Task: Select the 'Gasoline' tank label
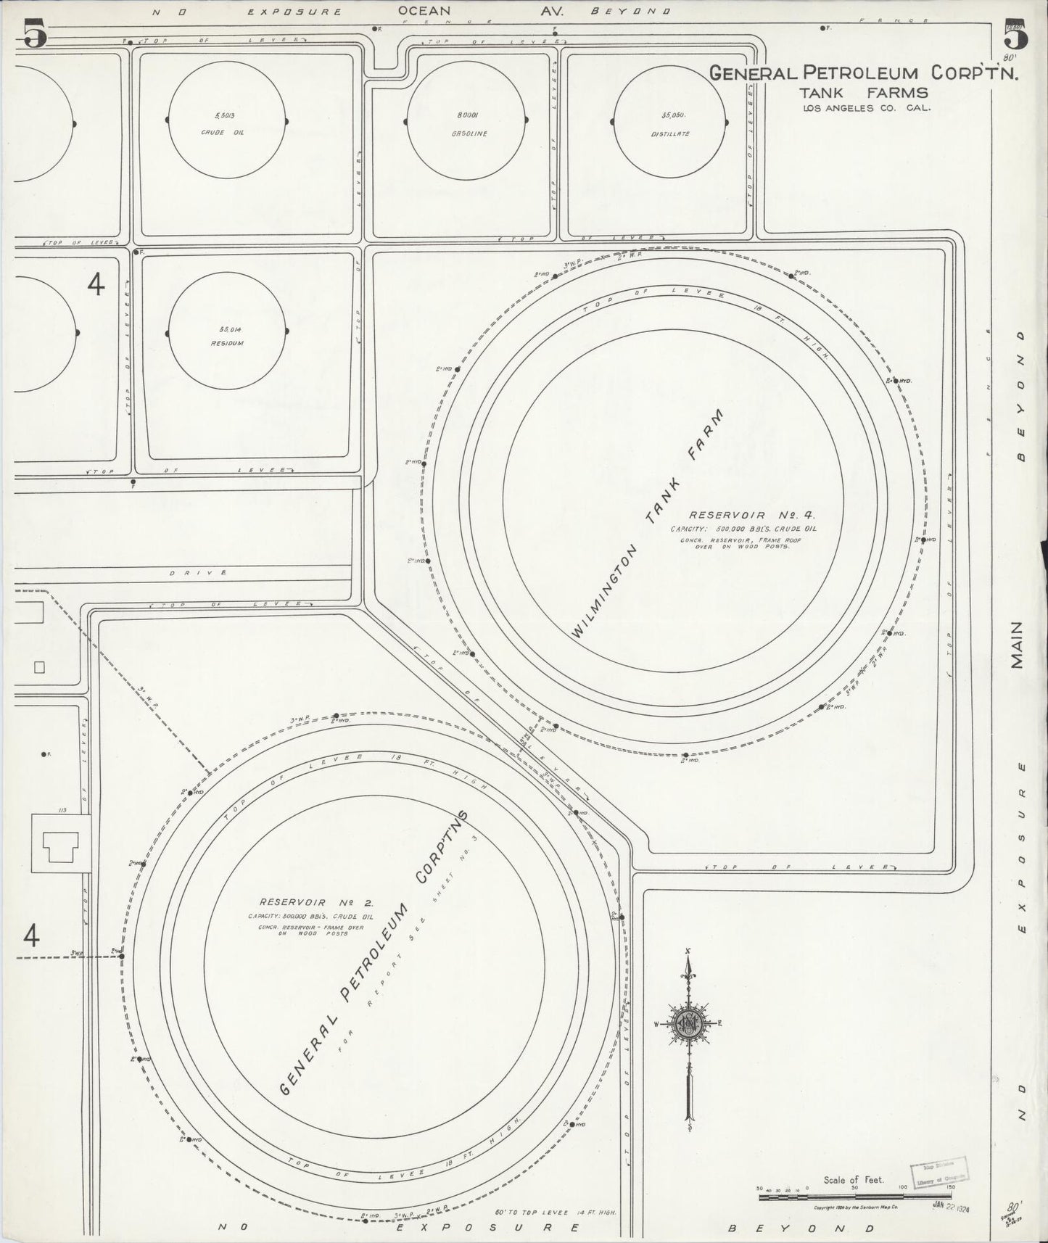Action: point(469,133)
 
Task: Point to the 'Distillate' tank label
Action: point(674,133)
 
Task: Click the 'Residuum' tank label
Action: point(227,343)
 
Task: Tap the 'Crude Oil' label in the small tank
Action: point(227,133)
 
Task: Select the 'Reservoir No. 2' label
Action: point(315,903)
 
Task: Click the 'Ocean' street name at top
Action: point(434,11)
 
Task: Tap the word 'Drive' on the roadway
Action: point(197,573)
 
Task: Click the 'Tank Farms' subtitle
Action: point(863,93)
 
